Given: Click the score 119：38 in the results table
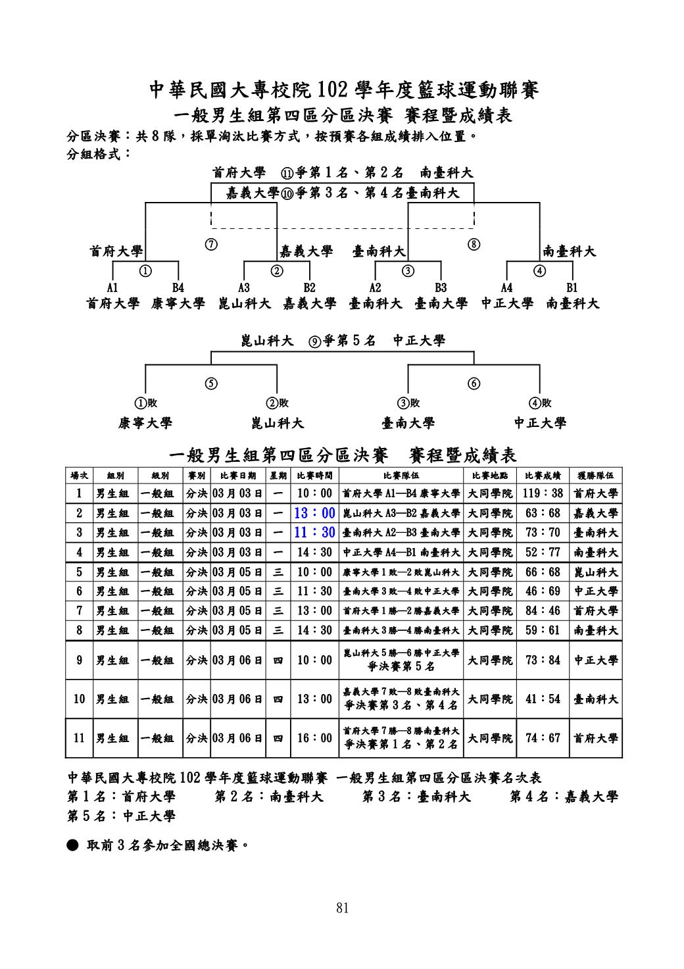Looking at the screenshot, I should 543,493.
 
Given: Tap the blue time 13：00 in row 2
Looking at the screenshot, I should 314,513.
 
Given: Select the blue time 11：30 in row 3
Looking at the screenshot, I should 314,532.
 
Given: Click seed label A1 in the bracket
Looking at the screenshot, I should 112,287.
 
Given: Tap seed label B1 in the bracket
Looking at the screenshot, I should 572,287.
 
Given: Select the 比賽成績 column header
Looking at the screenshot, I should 543,475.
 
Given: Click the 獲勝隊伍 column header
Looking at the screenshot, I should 596,475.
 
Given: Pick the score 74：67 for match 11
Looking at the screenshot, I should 543,738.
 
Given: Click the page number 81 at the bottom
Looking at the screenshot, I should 342,908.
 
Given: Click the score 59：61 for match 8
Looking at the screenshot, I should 543,630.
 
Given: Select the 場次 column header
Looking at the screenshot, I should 80,475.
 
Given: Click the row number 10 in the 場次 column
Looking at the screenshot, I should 80,699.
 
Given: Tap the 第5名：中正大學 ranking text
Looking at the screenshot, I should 122,816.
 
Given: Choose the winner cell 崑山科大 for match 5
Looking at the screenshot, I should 596,572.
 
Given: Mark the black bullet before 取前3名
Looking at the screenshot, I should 73,844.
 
